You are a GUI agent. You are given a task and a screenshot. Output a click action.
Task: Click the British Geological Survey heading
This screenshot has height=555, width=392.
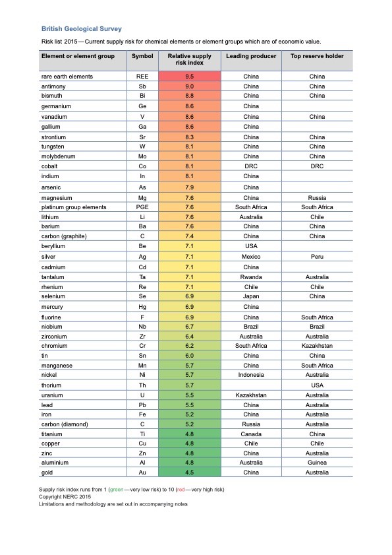82,29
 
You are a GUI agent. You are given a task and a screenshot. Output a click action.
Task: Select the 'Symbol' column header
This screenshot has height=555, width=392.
142,57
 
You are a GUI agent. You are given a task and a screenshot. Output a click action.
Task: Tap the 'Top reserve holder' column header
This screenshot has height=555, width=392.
317,57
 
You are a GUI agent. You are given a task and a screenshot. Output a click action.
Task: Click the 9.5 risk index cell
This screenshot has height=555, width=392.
189,77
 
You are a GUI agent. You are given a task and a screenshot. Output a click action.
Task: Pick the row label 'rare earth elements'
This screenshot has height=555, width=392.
67,77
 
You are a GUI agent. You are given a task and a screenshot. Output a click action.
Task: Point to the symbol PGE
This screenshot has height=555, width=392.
142,207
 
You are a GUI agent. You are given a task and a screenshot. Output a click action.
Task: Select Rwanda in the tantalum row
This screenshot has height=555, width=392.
251,277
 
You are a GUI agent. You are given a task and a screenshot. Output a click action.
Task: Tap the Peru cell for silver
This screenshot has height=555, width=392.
317,256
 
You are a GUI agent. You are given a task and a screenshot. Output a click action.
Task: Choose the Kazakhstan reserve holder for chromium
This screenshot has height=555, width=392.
317,346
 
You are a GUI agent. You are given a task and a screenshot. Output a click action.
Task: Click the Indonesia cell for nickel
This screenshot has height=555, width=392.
251,375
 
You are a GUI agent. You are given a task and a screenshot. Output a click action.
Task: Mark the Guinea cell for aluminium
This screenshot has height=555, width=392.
317,463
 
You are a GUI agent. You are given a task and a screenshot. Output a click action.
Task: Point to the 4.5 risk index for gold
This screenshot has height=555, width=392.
189,473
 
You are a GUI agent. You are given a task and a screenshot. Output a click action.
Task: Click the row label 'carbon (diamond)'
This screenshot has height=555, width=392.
65,424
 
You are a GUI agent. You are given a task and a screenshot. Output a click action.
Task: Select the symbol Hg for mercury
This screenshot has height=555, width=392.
142,307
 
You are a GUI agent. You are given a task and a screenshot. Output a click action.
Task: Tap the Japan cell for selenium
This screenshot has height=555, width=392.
251,297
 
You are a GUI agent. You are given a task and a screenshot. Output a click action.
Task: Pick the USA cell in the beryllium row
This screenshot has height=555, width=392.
251,246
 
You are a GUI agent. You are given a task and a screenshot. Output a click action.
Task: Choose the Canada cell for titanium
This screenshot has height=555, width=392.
251,434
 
